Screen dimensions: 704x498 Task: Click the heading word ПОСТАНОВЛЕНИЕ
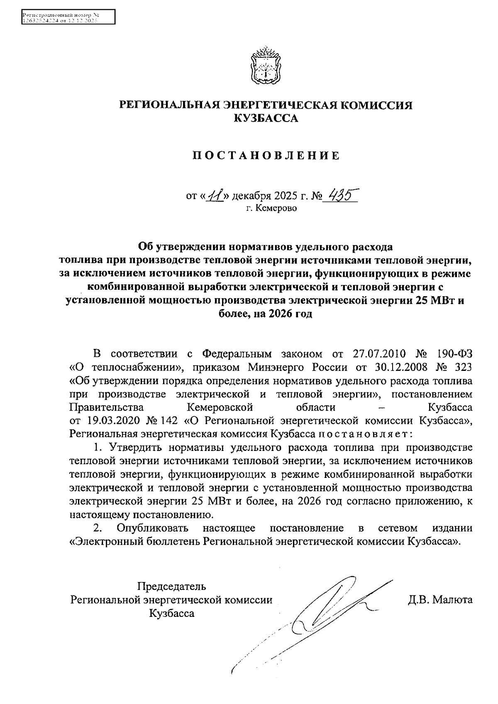266,156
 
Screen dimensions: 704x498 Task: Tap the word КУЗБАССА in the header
266,119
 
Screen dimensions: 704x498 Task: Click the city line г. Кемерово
271,208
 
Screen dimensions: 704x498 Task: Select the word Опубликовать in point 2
152,528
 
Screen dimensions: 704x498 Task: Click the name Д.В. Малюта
440,600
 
